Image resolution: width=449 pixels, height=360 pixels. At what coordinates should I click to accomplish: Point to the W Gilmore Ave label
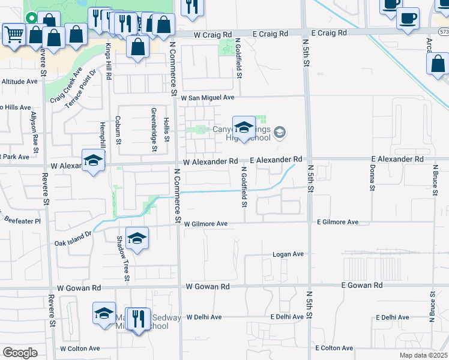(206, 224)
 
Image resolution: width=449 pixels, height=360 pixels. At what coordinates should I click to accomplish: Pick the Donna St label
(372, 179)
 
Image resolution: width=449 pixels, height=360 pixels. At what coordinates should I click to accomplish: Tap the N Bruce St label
(432, 307)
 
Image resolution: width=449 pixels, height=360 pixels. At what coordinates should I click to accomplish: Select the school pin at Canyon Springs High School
(243, 128)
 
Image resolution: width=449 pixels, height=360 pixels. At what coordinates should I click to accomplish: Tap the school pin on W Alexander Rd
(93, 161)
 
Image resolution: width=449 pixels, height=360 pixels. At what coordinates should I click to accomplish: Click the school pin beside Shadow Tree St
(137, 239)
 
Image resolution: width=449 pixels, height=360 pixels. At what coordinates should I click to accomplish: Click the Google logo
(20, 353)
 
